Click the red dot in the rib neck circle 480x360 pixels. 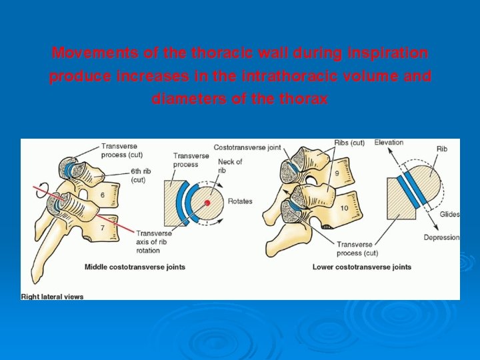(207, 202)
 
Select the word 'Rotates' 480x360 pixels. (240, 201)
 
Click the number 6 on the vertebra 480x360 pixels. (103, 195)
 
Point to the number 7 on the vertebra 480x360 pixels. (103, 228)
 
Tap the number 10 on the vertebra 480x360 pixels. (343, 209)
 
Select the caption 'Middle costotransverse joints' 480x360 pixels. (135, 267)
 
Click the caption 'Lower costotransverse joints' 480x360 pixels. (362, 267)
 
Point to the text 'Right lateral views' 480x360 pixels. (53, 296)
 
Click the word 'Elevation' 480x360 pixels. (389, 143)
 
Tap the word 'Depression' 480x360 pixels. (441, 238)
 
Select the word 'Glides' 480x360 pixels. (449, 215)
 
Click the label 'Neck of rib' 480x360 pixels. (230, 166)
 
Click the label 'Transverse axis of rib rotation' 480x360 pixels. (154, 241)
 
